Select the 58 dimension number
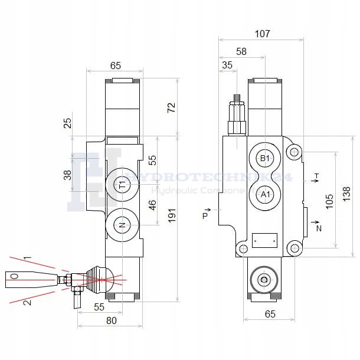click(241, 51)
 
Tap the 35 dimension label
click(227, 66)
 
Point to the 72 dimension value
click(171, 107)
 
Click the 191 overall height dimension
click(171, 217)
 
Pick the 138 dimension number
click(347, 193)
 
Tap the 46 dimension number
click(152, 205)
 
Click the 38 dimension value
click(67, 175)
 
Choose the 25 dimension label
click(67, 123)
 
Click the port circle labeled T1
click(122, 185)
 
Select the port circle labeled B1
click(265, 158)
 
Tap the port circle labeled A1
click(265, 194)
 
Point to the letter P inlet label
click(205, 216)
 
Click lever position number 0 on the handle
click(14, 276)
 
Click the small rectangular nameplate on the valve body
click(264, 240)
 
